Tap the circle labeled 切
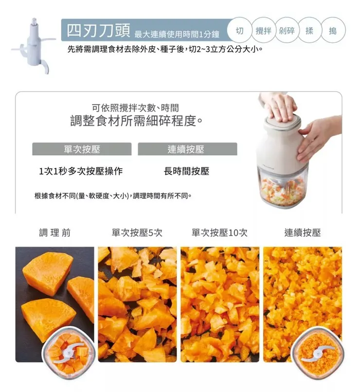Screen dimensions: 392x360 [239, 31]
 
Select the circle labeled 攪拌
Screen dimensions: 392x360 [263, 31]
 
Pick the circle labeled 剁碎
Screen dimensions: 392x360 [288, 31]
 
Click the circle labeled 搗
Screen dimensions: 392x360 [332, 31]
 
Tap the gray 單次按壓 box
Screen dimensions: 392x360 [82, 149]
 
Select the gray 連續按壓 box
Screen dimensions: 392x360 [187, 149]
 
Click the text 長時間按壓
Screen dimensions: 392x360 [187, 171]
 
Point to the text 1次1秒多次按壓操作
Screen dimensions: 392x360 [81, 171]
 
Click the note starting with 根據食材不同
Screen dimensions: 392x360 [113, 196]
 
